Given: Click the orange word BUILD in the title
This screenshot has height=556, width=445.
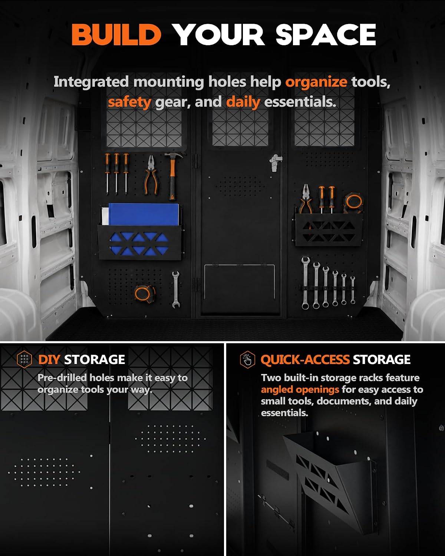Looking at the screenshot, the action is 116,34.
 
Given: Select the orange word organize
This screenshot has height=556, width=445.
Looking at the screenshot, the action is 316,82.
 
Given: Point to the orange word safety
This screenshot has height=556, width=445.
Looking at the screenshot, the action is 129,102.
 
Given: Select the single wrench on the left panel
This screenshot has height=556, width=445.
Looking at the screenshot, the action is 175,289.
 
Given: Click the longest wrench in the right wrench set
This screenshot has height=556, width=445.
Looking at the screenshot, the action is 305,283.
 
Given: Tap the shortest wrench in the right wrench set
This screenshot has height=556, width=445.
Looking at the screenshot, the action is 353,290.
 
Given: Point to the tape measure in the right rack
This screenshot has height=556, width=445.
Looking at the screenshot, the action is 354,202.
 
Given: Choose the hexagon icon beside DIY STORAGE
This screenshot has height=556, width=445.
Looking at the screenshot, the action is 24,359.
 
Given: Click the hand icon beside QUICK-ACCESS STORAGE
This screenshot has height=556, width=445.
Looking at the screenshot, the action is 247,360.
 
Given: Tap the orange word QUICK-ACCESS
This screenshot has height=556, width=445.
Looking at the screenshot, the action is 305,360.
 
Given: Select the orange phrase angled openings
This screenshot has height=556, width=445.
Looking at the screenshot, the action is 300,389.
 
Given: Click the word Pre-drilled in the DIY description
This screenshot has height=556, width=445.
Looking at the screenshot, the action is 62,378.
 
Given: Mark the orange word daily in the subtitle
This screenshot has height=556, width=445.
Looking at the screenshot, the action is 243,102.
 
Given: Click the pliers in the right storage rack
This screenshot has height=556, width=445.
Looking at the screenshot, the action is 306,199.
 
